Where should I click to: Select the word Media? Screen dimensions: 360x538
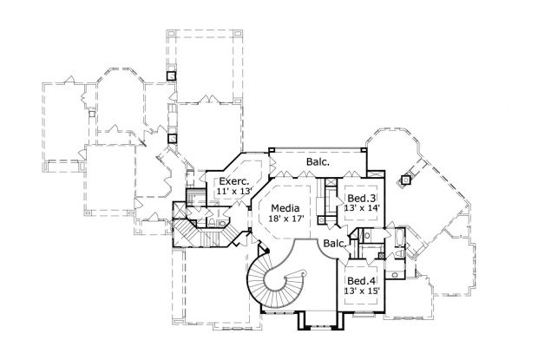click(285, 208)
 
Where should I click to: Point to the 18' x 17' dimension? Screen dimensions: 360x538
click(285, 220)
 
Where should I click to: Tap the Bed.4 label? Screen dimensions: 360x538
click(361, 282)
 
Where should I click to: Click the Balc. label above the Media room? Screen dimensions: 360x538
click(316, 161)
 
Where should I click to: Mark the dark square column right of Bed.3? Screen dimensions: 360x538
click(404, 181)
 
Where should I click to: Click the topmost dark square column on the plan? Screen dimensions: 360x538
click(171, 75)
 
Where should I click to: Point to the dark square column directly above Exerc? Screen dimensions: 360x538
click(171, 136)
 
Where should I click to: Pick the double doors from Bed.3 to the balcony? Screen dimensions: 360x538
click(354, 173)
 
